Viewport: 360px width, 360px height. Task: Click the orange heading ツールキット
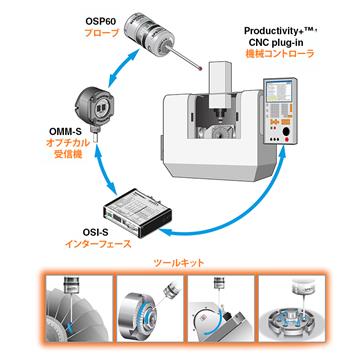click(x=179, y=263)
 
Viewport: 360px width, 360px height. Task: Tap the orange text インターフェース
click(x=97, y=244)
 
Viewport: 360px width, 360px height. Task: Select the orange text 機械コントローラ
click(x=280, y=54)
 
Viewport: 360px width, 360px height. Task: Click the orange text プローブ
click(x=101, y=34)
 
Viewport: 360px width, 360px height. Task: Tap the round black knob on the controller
click(x=286, y=132)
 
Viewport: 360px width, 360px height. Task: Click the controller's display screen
click(x=278, y=91)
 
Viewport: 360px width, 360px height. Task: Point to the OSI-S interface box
click(x=137, y=212)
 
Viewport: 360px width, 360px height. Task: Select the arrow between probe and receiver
click(x=123, y=65)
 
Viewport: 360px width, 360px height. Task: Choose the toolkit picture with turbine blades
click(x=79, y=309)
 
